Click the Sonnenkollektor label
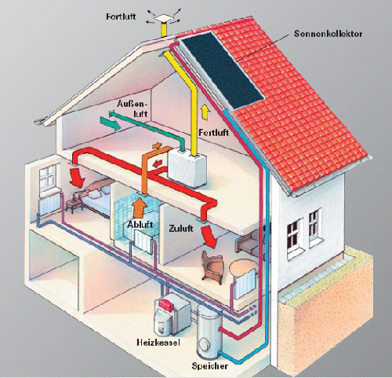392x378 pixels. click(328, 34)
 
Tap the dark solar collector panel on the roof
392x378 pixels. click(222, 70)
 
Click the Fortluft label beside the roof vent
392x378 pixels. click(121, 17)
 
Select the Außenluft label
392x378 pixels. click(132, 108)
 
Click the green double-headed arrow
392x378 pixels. click(110, 123)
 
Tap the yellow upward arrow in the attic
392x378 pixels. click(205, 112)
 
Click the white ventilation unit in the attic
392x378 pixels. click(187, 168)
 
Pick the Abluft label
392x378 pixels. click(140, 225)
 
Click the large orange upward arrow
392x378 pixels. click(140, 207)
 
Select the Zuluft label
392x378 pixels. click(181, 228)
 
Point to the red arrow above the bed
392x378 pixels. click(78, 178)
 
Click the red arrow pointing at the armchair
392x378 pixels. click(209, 237)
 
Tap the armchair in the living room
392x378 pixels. click(212, 266)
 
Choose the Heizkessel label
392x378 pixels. click(158, 342)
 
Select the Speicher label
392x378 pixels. click(210, 365)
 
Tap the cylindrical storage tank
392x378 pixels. click(209, 332)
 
